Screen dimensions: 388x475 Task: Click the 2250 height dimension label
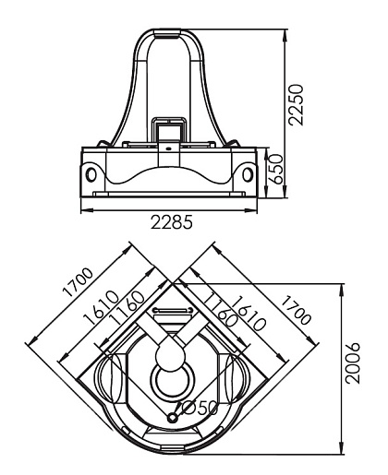[297, 104]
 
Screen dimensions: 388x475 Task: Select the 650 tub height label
[274, 169]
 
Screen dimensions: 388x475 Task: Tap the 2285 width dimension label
[172, 222]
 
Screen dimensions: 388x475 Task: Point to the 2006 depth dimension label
[352, 362]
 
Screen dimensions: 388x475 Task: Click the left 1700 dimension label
[78, 282]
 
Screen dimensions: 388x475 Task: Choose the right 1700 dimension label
[297, 310]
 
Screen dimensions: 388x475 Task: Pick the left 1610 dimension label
[102, 307]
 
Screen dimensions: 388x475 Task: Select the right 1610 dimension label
[249, 313]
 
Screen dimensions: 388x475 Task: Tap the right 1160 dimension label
[222, 310]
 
